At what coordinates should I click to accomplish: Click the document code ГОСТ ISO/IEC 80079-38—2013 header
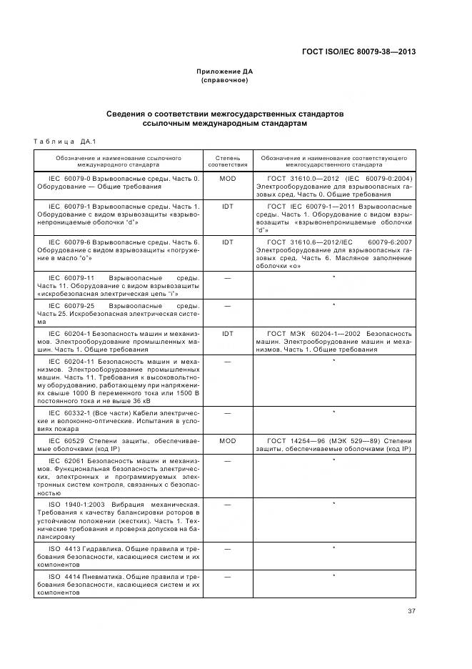pyautogui.click(x=358, y=51)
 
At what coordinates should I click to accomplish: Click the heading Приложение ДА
pyautogui.click(x=224, y=72)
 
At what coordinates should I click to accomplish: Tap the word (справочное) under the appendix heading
pyautogui.click(x=224, y=80)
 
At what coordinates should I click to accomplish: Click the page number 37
pyautogui.click(x=411, y=610)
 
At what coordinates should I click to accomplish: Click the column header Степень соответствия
pyautogui.click(x=227, y=160)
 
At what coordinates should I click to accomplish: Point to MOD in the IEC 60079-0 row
pyautogui.click(x=227, y=178)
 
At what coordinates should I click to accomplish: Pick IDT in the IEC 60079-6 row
pyautogui.click(x=227, y=242)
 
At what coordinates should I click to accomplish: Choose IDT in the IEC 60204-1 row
pyautogui.click(x=227, y=334)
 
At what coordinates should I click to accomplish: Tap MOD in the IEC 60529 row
pyautogui.click(x=227, y=441)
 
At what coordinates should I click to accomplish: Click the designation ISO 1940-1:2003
pyautogui.click(x=76, y=505)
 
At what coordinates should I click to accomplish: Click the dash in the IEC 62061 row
pyautogui.click(x=227, y=460)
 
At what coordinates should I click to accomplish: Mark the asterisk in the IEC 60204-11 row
pyautogui.click(x=333, y=361)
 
